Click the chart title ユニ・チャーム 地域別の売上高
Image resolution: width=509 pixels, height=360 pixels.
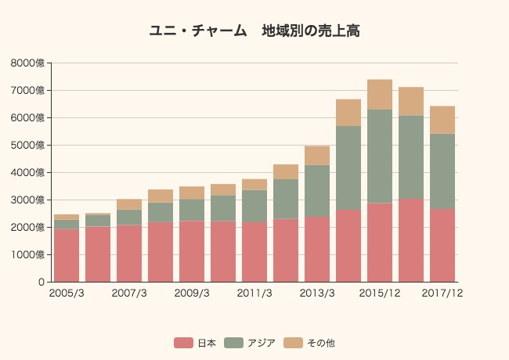[254, 31]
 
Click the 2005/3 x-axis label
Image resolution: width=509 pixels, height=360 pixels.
[67, 293]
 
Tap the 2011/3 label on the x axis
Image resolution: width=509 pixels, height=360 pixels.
[254, 293]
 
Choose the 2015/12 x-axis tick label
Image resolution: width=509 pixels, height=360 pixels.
[380, 293]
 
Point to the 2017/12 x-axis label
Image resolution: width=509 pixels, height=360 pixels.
[442, 293]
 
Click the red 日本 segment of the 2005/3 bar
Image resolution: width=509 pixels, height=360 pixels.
[67, 255]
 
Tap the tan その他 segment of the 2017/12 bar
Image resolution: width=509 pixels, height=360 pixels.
[442, 120]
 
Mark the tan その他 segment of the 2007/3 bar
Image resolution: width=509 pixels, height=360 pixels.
[129, 204]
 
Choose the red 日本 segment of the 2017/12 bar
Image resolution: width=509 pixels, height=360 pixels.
[442, 245]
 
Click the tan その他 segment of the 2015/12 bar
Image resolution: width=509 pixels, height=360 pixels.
[380, 95]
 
